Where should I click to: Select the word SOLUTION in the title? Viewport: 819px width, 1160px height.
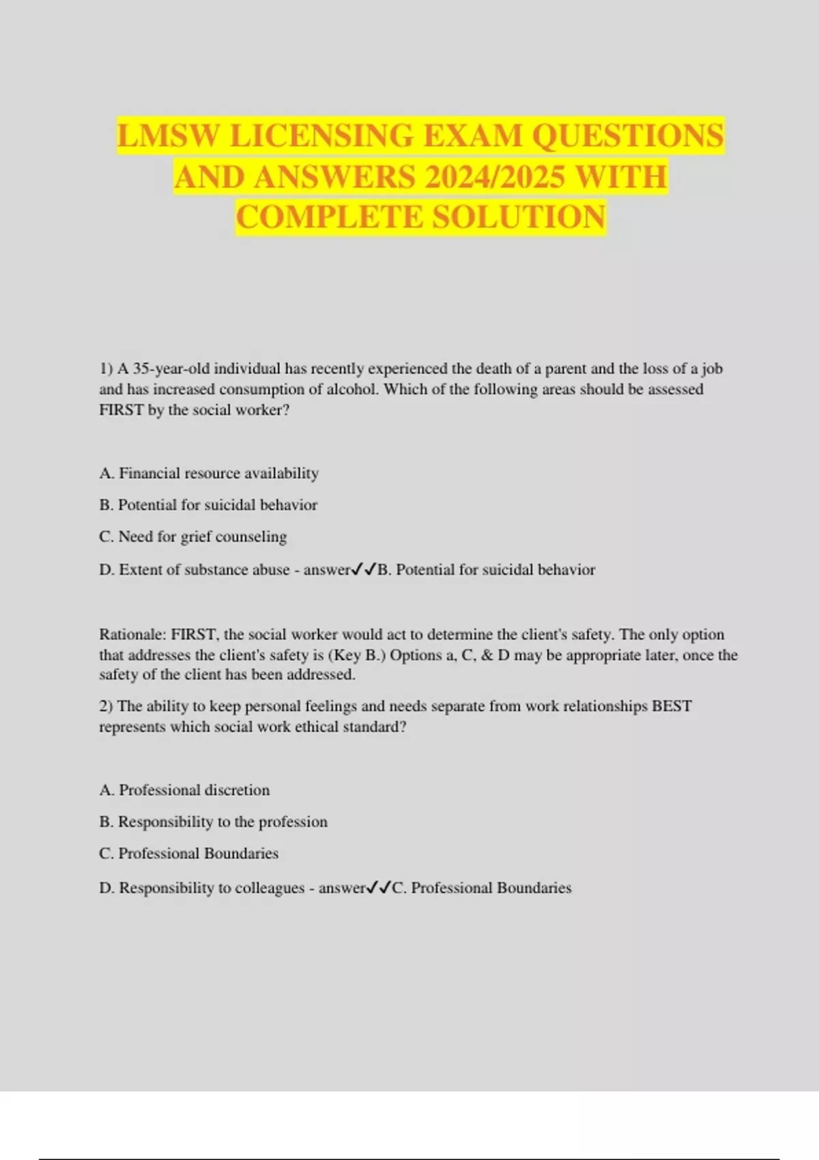[519, 218]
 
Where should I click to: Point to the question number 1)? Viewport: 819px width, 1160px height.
[106, 369]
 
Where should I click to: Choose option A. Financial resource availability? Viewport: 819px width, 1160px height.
[209, 474]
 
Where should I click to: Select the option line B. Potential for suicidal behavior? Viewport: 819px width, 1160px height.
[208, 505]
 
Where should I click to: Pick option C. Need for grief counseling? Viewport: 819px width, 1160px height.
[192, 537]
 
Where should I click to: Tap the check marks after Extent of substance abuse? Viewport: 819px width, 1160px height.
[364, 569]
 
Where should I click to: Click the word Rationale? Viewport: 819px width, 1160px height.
[132, 635]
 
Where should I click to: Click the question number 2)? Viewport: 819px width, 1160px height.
[106, 706]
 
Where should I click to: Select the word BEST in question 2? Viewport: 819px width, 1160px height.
[672, 706]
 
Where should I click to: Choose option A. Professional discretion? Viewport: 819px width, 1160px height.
[184, 790]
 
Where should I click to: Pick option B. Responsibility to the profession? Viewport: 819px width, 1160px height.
[213, 822]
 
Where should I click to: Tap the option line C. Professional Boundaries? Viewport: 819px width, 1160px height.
[188, 854]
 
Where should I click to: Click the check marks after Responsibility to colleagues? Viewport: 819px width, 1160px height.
[379, 887]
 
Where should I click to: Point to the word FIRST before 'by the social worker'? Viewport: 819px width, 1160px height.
[121, 410]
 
